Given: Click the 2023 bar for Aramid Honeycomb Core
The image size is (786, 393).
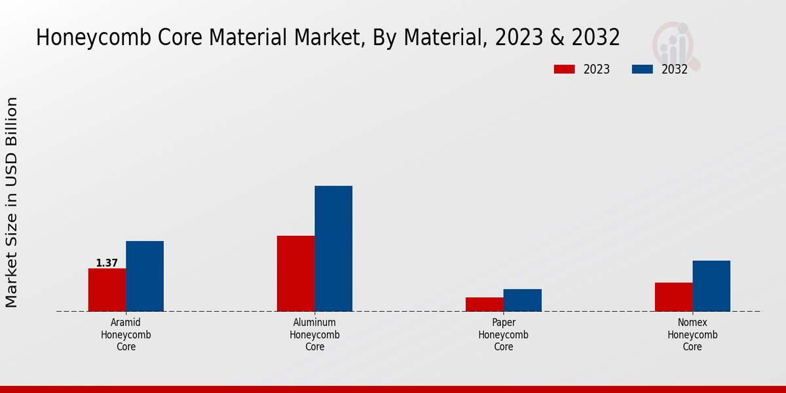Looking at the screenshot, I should pos(107,290).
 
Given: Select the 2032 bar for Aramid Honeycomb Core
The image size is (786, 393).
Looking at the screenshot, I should pos(145,276).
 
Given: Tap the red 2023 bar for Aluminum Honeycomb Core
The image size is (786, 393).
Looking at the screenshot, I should pos(295,273).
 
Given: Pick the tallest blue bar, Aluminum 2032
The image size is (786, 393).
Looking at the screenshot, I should pos(333,248).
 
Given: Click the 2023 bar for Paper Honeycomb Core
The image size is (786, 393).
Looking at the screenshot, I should pos(485,304).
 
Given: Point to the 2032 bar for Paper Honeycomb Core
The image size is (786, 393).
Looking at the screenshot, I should pos(523,300).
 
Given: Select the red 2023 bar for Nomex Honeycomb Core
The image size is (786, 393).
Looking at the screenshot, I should pos(673,297).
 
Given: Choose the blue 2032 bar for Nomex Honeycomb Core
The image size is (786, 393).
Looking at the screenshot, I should pos(711,286).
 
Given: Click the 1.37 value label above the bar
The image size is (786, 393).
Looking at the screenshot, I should pos(107,263).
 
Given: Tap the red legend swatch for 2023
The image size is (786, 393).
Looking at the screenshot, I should pos(564,69).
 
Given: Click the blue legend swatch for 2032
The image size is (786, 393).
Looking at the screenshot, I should pos(643,69).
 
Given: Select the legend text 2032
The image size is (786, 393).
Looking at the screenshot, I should pos(675,69).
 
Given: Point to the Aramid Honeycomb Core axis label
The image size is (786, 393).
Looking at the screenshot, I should pos(126,335).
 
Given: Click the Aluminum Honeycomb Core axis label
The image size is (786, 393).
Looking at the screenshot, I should pos(314,335).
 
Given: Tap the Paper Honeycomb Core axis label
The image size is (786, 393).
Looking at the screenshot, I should pos(503,335).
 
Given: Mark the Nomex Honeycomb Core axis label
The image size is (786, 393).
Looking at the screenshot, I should pos(692,335).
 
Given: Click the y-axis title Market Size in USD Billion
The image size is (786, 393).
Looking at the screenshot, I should pos(12,202).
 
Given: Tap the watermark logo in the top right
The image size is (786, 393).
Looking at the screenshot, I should pos(675,45).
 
